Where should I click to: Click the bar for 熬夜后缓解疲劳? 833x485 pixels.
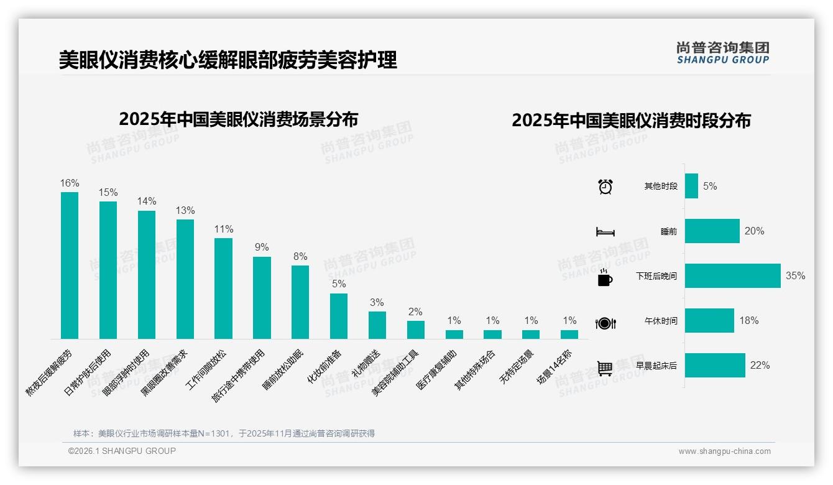pos(70,266)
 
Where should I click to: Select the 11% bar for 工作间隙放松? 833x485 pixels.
pos(223,289)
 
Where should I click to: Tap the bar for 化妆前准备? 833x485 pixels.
pos(339,316)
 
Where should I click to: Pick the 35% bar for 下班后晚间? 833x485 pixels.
pos(732,276)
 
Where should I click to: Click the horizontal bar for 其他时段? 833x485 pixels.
pos(691,186)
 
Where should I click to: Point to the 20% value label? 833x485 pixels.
pos(754,231)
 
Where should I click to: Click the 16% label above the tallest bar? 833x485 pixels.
pos(70,183)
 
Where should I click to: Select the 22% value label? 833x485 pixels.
pos(760,365)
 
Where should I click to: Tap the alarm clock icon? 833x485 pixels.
pos(605,186)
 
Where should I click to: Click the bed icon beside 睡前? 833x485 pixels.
pos(605,232)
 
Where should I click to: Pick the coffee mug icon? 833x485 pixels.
pos(605,277)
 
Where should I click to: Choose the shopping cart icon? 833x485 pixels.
pos(605,368)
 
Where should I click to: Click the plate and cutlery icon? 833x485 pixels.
pos(605,323)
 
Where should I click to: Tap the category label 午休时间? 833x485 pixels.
pos(661,321)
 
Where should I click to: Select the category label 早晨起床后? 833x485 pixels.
pos(656,366)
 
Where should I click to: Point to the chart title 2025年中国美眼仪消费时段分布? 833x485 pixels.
pos(631,120)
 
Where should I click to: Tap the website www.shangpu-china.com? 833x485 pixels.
pos(724,451)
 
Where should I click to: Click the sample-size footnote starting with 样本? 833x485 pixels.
pos(224,433)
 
